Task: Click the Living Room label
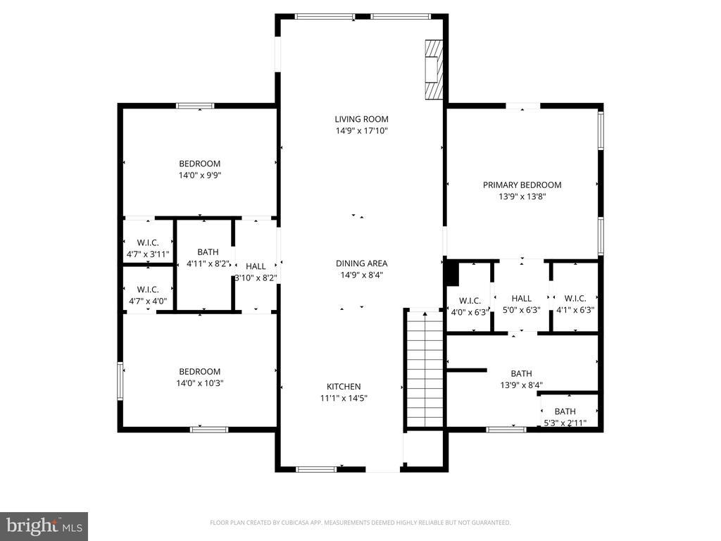(x=361, y=119)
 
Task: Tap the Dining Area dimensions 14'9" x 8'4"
(x=361, y=275)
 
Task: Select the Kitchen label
(x=344, y=386)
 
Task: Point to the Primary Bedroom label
(x=522, y=185)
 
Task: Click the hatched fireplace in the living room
(x=434, y=70)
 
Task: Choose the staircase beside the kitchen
(x=425, y=370)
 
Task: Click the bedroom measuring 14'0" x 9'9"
(x=199, y=169)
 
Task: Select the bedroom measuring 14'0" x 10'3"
(x=199, y=377)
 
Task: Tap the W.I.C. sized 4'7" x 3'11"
(x=148, y=248)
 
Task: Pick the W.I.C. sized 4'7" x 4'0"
(x=148, y=294)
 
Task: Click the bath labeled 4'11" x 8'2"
(x=208, y=257)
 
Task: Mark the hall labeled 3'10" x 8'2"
(x=256, y=272)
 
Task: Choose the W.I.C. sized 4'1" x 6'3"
(x=575, y=304)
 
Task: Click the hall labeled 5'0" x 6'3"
(x=522, y=304)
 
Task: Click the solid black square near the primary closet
(x=452, y=271)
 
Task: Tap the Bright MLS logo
(x=44, y=526)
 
